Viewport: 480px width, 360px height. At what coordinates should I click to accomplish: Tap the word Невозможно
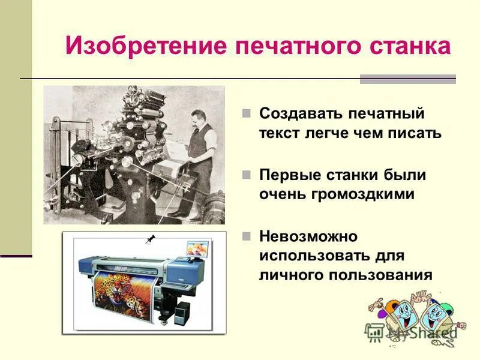[x=308, y=236]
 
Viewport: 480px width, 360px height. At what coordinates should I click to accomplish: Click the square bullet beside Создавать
[x=246, y=113]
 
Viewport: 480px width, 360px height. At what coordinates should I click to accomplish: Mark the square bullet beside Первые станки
[x=246, y=175]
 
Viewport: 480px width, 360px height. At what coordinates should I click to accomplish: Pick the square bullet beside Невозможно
[x=246, y=236]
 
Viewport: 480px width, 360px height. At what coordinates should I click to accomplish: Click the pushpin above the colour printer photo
[x=150, y=240]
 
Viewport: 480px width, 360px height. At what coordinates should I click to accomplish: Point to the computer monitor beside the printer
[x=197, y=248]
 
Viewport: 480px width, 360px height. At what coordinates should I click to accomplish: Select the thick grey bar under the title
[x=407, y=79]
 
